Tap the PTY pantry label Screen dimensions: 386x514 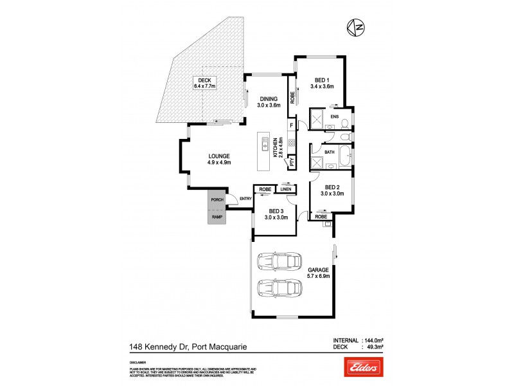[x=292, y=163]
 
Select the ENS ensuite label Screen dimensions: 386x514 [x=334, y=116]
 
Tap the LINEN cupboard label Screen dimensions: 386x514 [x=287, y=189]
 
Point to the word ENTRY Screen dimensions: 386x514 [x=245, y=198]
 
